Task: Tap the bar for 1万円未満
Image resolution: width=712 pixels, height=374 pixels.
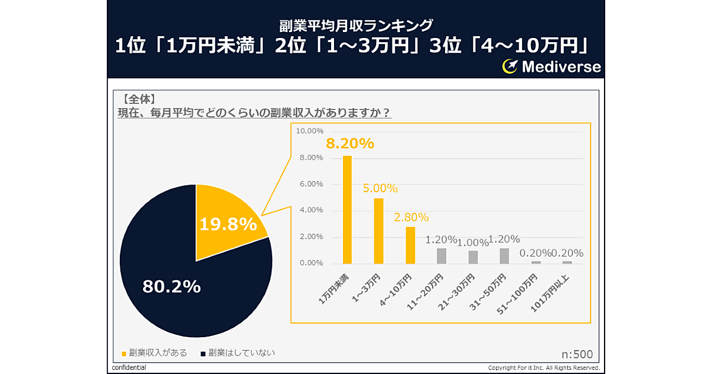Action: tap(347, 209)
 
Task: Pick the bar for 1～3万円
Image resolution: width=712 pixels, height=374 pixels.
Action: tap(379, 230)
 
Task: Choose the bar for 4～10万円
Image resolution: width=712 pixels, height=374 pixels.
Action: tap(410, 245)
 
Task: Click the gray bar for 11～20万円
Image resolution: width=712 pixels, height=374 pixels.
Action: tap(441, 255)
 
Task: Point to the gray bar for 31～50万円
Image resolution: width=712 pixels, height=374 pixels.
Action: tap(504, 255)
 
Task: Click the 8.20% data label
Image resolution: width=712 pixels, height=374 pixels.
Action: tap(349, 143)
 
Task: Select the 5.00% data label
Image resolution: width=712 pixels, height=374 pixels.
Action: tap(380, 188)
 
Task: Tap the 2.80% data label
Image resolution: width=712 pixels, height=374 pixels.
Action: tap(411, 217)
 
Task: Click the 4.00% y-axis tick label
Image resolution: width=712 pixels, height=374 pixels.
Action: tap(310, 210)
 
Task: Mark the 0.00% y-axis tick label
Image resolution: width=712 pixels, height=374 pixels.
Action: tap(310, 263)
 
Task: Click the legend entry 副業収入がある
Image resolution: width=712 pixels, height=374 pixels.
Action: tap(154, 353)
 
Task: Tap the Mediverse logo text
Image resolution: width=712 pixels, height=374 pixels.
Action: tap(561, 66)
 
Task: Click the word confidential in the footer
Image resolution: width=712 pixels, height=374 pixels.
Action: tap(129, 368)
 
